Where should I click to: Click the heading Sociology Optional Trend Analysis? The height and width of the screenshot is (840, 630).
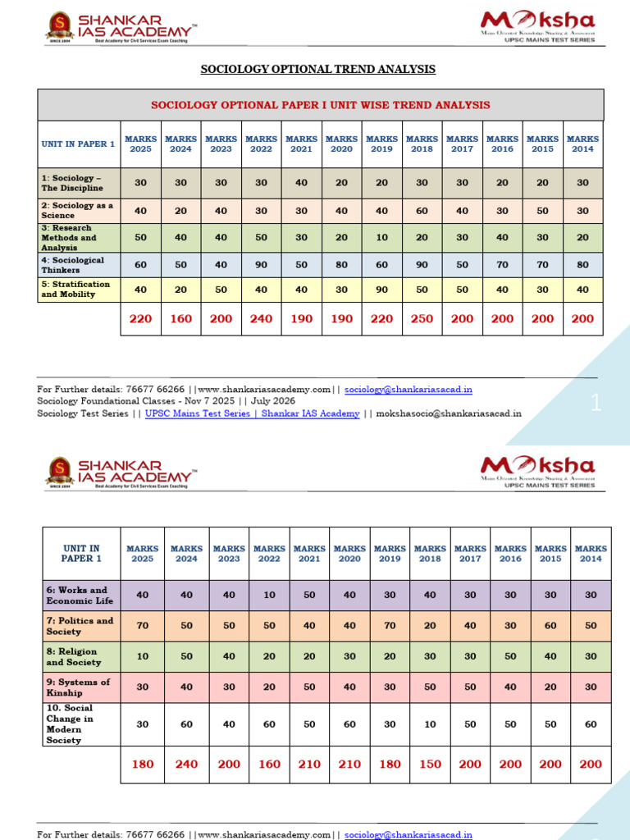(x=318, y=70)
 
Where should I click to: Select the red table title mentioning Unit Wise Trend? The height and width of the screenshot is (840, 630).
(x=321, y=105)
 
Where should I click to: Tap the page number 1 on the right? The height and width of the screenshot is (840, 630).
(x=596, y=403)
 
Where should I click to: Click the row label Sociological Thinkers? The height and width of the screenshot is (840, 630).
(x=73, y=264)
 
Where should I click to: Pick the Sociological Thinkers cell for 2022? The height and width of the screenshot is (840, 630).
(x=261, y=264)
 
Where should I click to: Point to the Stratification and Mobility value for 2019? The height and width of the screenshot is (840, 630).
(x=381, y=289)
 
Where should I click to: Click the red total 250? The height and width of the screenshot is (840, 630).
(x=422, y=318)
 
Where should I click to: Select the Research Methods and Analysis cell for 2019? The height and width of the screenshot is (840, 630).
(x=381, y=238)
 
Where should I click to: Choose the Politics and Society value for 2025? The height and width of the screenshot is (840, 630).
(x=142, y=625)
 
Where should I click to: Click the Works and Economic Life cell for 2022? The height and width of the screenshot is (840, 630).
(x=269, y=595)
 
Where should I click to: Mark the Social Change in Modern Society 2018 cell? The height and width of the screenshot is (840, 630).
(x=430, y=724)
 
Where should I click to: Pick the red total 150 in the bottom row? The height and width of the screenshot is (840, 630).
(x=430, y=764)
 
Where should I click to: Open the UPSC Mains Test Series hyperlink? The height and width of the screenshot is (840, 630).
(x=253, y=413)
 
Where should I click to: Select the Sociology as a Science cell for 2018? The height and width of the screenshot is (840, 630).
(x=422, y=211)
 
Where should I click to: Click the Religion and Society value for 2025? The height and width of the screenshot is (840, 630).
(x=142, y=656)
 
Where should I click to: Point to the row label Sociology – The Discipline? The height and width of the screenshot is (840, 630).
(x=73, y=183)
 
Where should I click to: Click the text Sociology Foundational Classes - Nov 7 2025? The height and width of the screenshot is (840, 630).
(x=135, y=401)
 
